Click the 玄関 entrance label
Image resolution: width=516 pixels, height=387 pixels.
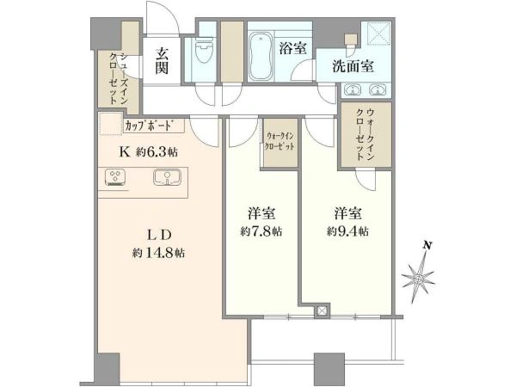[162, 60]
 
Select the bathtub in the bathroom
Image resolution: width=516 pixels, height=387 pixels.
[261, 56]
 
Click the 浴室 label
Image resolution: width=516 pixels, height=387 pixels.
[292, 48]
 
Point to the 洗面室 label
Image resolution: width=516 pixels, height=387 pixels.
[353, 66]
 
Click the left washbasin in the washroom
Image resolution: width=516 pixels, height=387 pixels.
[353, 89]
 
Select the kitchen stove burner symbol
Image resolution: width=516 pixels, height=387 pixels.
[115, 178]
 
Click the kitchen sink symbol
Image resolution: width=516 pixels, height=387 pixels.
[167, 177]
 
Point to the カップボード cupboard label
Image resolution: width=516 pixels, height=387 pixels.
[149, 126]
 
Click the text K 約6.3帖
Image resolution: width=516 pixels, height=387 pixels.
[148, 152]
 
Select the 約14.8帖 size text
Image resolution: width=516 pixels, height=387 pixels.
[158, 253]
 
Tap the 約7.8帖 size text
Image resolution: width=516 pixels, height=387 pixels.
[261, 231]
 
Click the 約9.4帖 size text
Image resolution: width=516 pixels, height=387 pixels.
[347, 231]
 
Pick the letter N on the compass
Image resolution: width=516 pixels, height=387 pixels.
[427, 245]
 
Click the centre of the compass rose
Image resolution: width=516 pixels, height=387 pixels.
[418, 279]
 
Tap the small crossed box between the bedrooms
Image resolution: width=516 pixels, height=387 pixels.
[322, 310]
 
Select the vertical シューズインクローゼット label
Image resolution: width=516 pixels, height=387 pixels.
[118, 78]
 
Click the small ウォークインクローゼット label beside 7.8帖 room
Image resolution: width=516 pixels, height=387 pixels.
[279, 141]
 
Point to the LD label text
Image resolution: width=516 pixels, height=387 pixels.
[159, 235]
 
